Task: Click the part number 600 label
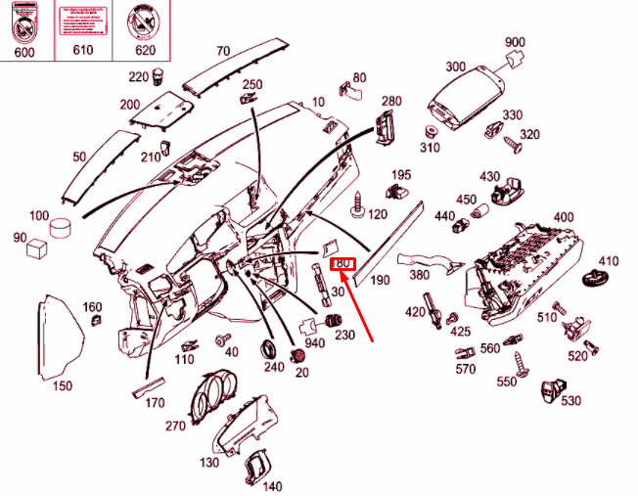(x=23, y=52)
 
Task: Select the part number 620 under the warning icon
(x=145, y=52)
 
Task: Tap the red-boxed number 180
(x=342, y=263)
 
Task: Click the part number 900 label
(x=515, y=42)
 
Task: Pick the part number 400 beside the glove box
(x=563, y=217)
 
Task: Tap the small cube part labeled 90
(x=40, y=247)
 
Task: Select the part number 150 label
(x=62, y=386)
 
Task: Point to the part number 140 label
(x=272, y=486)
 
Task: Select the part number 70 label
(x=222, y=51)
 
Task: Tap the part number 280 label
(x=391, y=102)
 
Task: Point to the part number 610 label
(x=84, y=52)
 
